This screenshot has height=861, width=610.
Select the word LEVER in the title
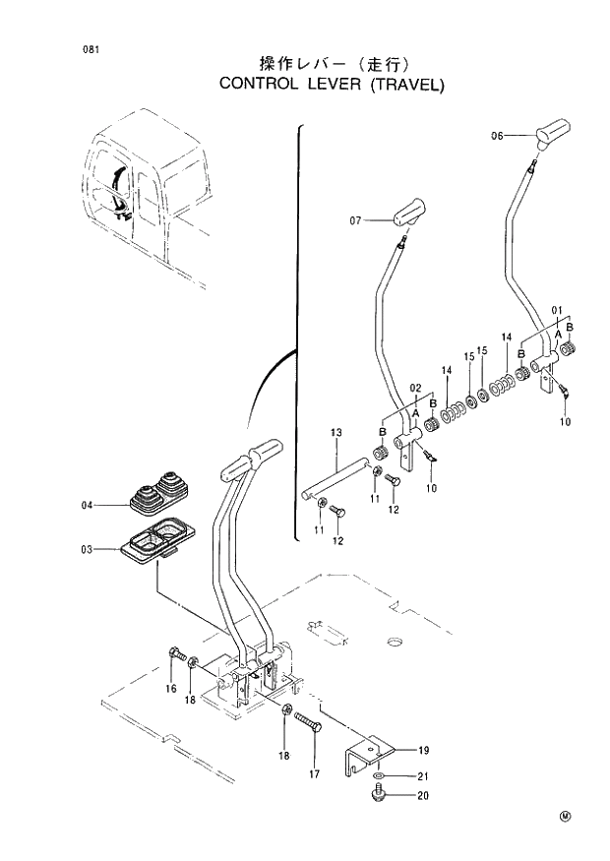click(x=333, y=84)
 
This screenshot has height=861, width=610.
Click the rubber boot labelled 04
click(x=157, y=496)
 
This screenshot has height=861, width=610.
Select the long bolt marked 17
click(x=309, y=731)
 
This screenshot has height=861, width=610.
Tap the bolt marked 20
click(x=378, y=796)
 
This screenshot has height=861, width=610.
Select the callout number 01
click(x=556, y=311)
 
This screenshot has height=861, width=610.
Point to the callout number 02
click(x=415, y=389)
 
